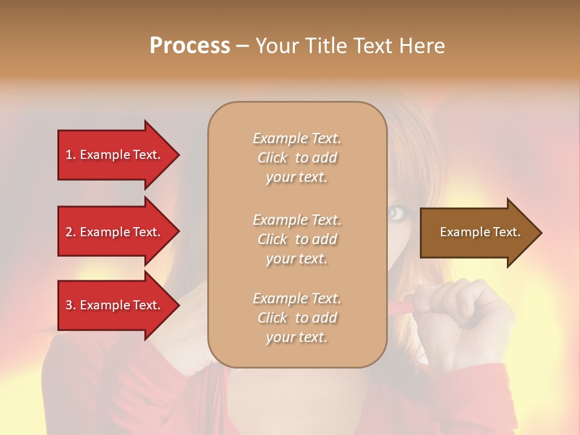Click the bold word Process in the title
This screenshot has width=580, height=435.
point(190,46)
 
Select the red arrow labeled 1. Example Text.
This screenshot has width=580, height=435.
point(115,155)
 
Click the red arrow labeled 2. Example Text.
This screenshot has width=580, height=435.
point(115,232)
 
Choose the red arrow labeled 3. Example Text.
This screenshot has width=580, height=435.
point(115,305)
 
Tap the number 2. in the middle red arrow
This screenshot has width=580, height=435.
point(71,232)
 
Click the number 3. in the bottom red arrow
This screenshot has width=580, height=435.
point(71,305)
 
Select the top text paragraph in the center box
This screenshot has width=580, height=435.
point(297,158)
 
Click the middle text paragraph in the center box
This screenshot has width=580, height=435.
point(297,239)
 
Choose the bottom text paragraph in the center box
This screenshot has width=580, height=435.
point(297,318)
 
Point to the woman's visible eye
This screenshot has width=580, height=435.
point(396,213)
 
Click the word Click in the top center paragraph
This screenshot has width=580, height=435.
point(272,158)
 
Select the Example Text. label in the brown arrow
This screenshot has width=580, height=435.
point(480,232)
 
